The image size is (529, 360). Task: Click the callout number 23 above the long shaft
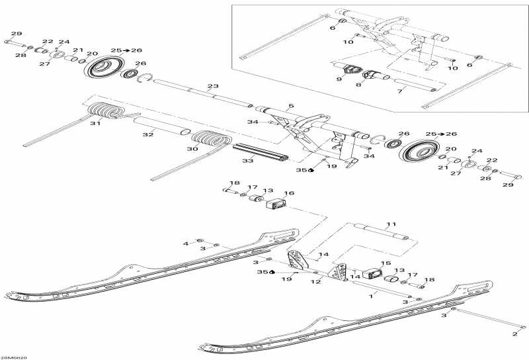212,87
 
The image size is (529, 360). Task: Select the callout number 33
247,161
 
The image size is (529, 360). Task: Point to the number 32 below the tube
147,135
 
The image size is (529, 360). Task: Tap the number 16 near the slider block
289,193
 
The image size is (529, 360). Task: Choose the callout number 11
391,224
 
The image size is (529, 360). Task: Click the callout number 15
387,263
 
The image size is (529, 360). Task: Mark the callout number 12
317,283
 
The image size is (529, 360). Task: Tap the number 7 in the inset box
399,91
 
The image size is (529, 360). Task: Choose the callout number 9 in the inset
339,79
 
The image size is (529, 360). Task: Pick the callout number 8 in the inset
358,85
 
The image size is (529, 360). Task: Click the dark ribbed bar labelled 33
261,152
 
